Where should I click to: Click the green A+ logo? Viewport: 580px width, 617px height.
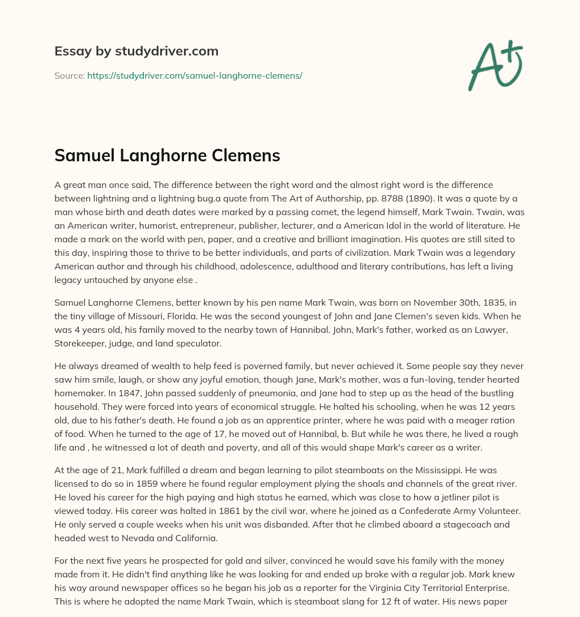click(494, 65)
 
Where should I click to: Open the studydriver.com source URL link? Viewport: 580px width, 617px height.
click(194, 75)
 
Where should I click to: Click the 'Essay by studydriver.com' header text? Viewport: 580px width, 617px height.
click(137, 51)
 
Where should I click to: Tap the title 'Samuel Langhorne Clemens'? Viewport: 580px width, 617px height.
click(167, 156)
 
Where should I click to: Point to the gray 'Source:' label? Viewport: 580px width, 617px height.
click(69, 75)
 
